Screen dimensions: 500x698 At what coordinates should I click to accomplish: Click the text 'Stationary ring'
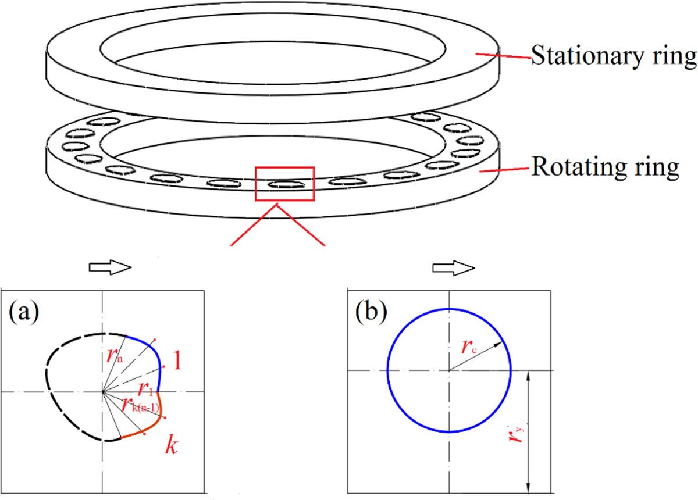click(614, 57)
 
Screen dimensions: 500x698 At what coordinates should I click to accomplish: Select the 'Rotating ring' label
click(606, 168)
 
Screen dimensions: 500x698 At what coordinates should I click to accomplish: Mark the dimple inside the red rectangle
click(284, 184)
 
